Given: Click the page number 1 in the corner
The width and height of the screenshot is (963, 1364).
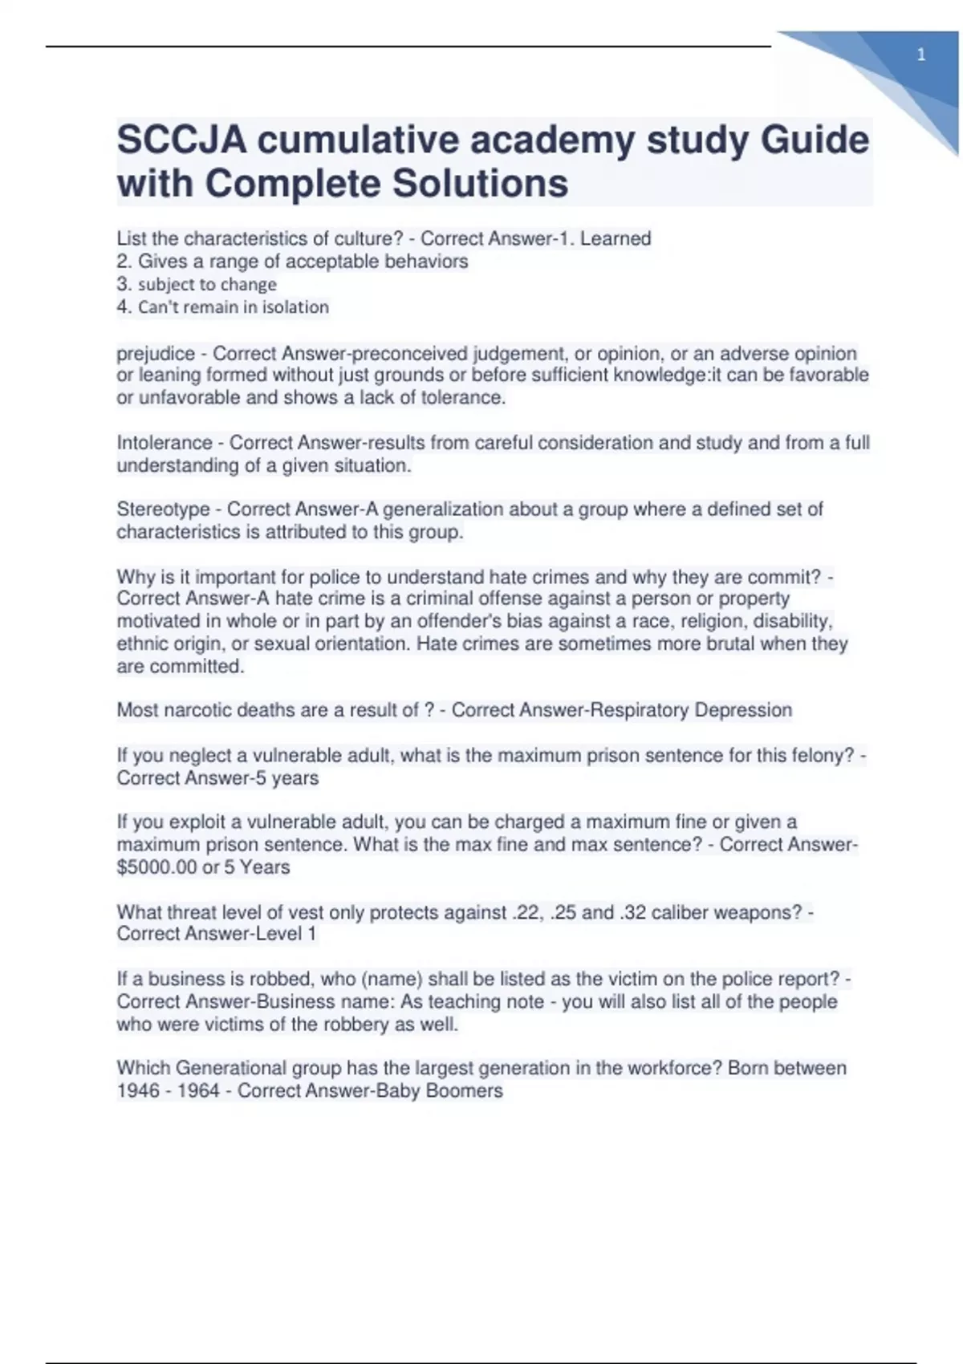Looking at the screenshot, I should pyautogui.click(x=921, y=55).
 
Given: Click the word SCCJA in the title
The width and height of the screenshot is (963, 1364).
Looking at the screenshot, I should pyautogui.click(x=181, y=140).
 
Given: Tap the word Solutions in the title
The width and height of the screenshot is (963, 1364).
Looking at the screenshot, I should pyautogui.click(x=480, y=184).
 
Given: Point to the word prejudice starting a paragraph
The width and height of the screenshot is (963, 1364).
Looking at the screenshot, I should pyautogui.click(x=156, y=354).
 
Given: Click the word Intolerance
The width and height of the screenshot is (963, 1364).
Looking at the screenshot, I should pyautogui.click(x=165, y=443).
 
